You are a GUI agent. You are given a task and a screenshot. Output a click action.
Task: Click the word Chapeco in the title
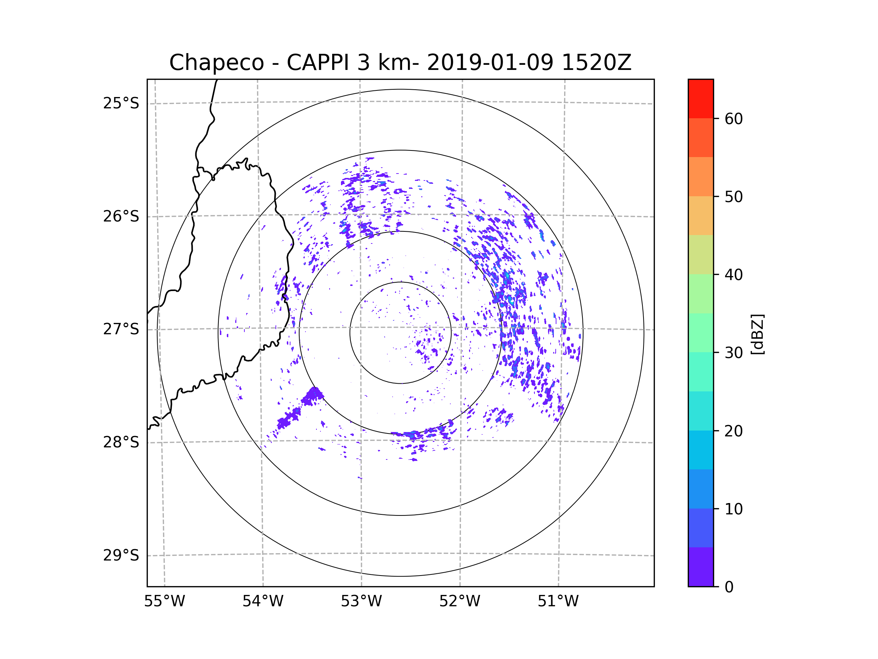pos(216,63)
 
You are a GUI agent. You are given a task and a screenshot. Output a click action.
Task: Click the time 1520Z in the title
pos(596,63)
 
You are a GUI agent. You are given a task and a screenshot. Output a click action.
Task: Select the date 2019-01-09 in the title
pos(490,63)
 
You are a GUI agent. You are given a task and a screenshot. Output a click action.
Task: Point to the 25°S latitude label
pos(121,103)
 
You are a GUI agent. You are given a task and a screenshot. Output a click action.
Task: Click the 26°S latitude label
pos(121,216)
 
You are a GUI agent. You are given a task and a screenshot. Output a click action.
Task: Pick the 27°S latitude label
pos(121,329)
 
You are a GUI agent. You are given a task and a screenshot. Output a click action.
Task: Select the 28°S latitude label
pos(121,442)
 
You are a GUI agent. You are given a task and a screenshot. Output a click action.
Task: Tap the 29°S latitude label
pos(121,555)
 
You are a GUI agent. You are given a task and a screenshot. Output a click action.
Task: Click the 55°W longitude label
pos(164,602)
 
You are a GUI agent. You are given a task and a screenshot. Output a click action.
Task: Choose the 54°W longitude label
pos(263,602)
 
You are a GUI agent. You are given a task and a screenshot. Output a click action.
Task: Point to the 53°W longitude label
pos(361,602)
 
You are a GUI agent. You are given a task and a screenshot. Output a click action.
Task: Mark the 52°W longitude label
pos(459,602)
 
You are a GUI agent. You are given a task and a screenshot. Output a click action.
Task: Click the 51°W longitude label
pos(558,602)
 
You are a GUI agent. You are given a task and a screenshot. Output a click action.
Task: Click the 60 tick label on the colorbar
pos(733,119)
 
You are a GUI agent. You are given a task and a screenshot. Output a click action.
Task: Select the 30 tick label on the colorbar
pos(733,353)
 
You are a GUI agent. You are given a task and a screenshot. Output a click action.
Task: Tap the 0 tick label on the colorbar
pos(729,587)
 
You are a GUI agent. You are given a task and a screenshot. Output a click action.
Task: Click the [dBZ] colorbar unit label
pos(757,334)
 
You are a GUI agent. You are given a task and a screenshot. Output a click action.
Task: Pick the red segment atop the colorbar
pos(701,98)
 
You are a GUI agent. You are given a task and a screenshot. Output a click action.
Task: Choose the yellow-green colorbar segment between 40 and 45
pos(701,254)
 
